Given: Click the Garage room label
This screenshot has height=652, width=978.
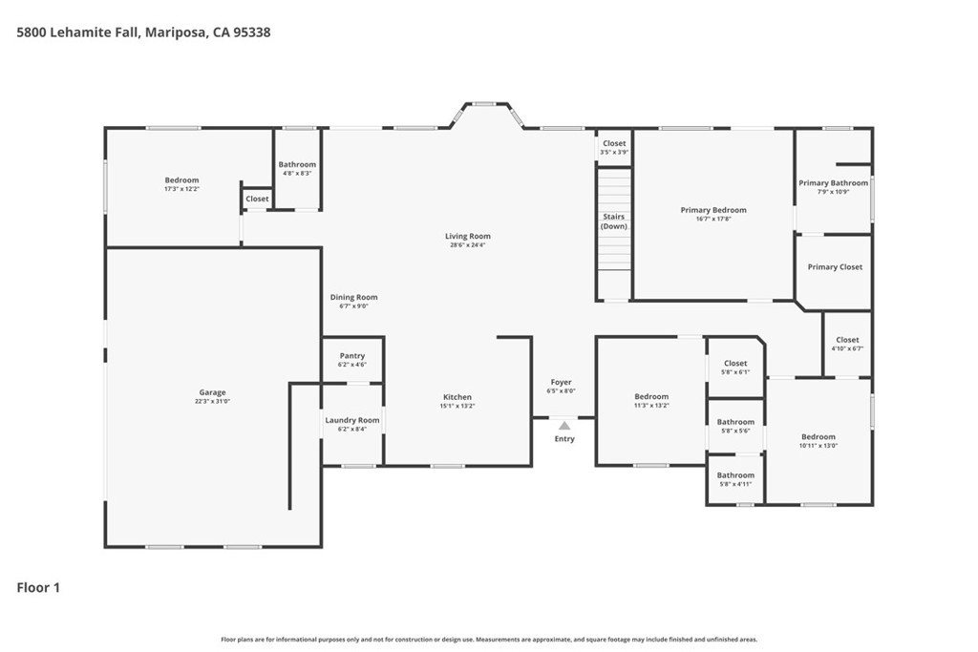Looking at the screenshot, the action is point(212,392).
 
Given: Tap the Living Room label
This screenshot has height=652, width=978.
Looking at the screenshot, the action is point(468,236).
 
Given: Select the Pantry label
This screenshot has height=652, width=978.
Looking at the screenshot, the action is point(352,356).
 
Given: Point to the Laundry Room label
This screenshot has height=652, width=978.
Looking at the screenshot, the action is point(352,420).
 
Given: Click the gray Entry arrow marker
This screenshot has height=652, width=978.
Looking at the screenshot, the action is point(564,426).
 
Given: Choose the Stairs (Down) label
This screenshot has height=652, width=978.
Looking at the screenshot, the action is point(614,221).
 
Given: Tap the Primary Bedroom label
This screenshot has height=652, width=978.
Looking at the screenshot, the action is point(713,210).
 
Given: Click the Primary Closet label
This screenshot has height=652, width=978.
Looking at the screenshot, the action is point(835,266).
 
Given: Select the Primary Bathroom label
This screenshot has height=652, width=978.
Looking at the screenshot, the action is point(833,182).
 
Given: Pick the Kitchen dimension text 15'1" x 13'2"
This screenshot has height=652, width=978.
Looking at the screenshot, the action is point(457,406).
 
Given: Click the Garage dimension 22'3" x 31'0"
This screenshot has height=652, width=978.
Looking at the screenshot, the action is point(212,402).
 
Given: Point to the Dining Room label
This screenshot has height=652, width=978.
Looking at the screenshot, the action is point(353,297).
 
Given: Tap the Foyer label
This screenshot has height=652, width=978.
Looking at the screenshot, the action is point(562,382).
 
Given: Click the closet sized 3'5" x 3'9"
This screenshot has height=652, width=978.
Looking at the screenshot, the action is point(614,147).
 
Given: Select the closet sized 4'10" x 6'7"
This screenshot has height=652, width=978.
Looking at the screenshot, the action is point(848,344).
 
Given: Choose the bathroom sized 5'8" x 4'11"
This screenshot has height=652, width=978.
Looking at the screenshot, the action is point(735,479).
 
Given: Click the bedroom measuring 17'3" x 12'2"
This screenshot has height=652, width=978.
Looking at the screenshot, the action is point(182,184).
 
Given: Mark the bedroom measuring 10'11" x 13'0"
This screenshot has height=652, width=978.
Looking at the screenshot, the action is point(819,441).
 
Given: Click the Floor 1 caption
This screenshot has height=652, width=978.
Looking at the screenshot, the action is point(38,587).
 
